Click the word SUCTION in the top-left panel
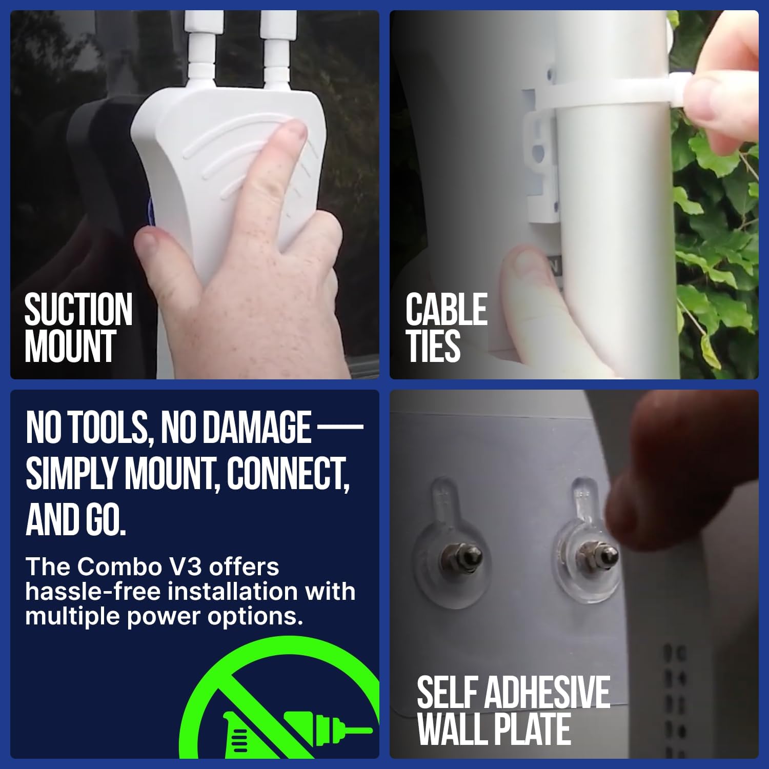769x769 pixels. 78,310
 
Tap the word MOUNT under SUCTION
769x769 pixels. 70,347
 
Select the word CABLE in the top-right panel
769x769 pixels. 446,310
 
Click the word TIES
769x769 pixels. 433,347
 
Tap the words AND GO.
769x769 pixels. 75,519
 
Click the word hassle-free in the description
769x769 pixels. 93,592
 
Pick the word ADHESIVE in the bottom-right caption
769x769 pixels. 547,693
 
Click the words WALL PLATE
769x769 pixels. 494,729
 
